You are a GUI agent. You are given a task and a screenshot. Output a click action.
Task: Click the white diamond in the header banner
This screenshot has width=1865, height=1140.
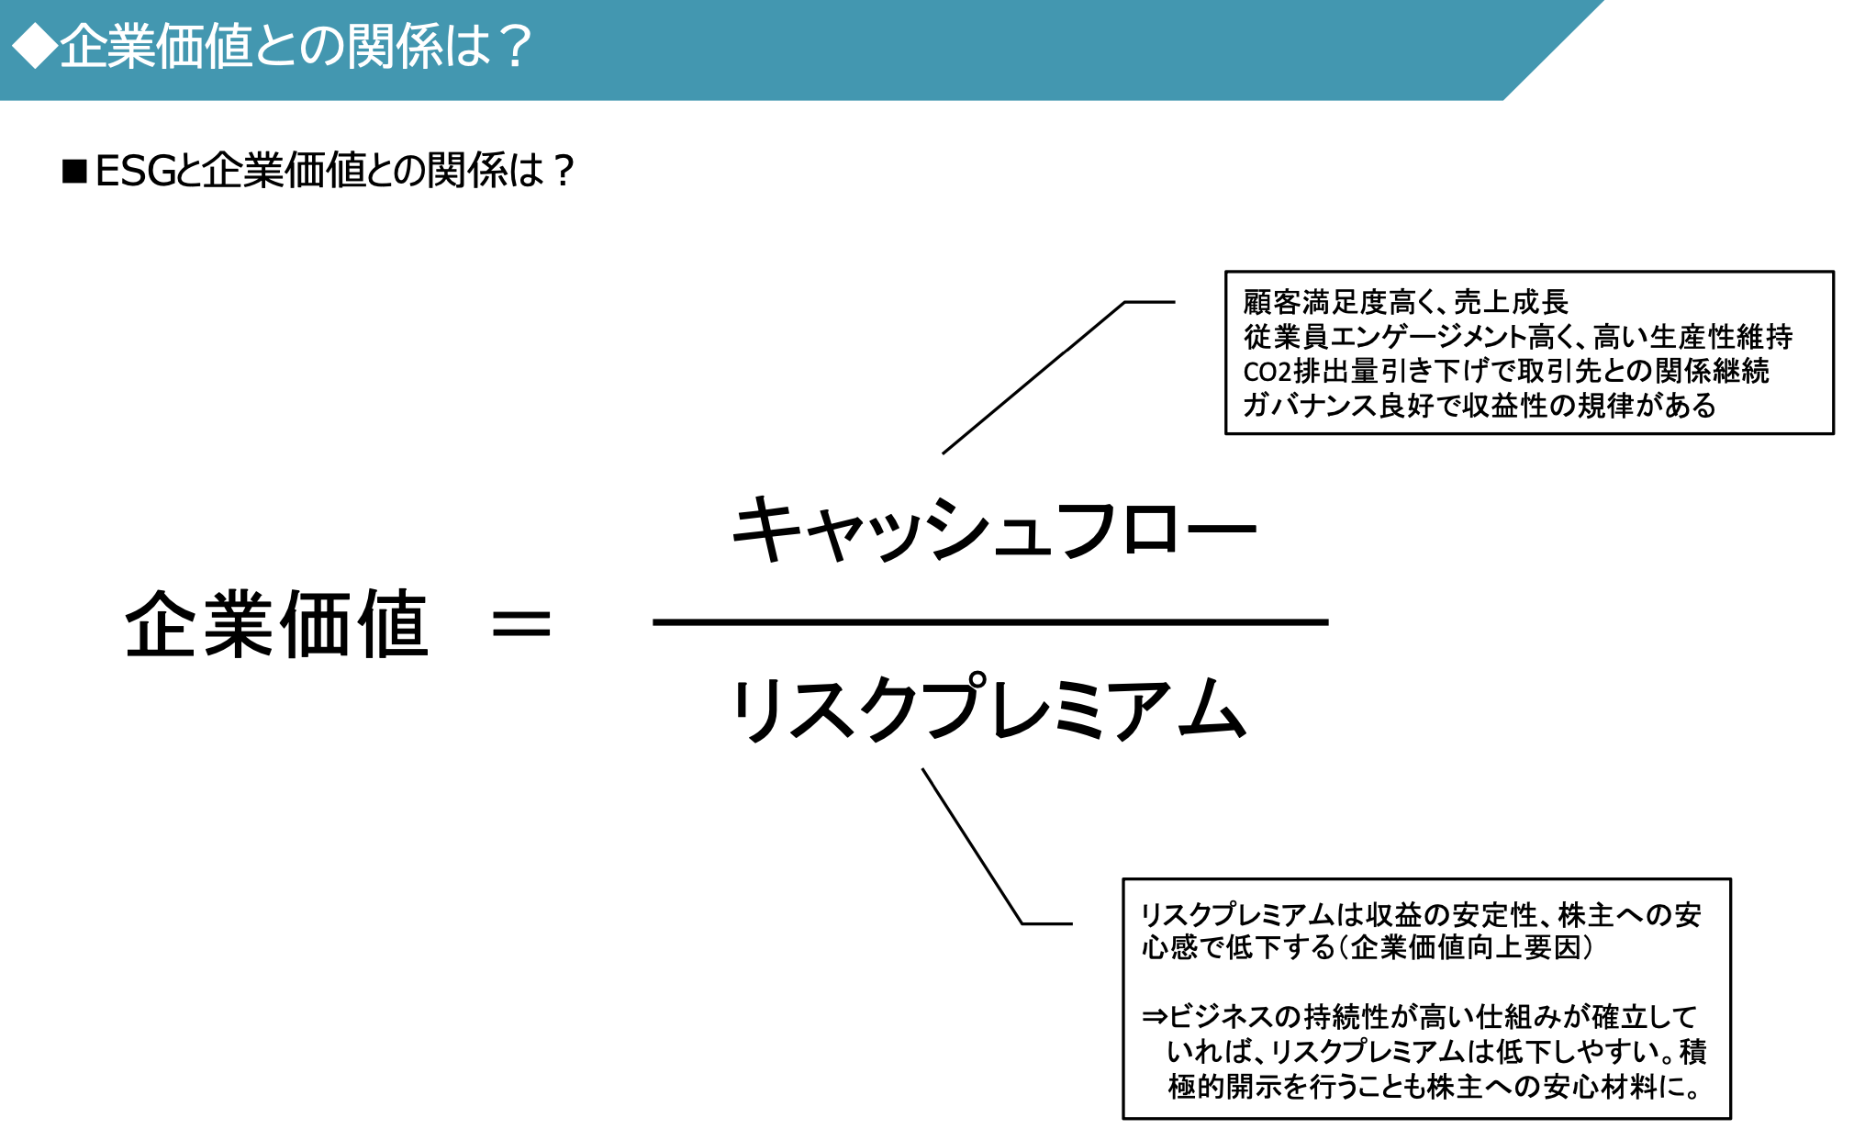[x=35, y=46]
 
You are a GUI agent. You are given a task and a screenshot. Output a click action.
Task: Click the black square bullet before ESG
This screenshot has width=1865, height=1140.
[x=74, y=172]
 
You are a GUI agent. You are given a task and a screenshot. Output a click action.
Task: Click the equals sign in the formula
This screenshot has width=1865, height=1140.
[x=521, y=625]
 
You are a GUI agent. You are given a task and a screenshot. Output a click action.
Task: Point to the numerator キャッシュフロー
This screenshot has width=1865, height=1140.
[x=993, y=530]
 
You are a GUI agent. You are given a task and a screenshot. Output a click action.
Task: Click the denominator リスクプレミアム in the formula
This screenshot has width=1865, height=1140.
[x=989, y=710]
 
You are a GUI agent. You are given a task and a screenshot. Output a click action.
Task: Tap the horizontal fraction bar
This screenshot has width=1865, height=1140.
[x=989, y=622]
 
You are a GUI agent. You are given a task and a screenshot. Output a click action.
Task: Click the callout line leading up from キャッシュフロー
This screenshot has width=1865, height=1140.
[x=1033, y=378]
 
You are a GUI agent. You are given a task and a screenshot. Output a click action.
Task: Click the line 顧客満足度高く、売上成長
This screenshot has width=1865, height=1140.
[x=1405, y=302]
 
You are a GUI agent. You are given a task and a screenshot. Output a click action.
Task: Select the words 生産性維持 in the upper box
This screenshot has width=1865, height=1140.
[x=1722, y=337]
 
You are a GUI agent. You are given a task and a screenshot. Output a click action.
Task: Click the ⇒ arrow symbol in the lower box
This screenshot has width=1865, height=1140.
[x=1155, y=1017]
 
